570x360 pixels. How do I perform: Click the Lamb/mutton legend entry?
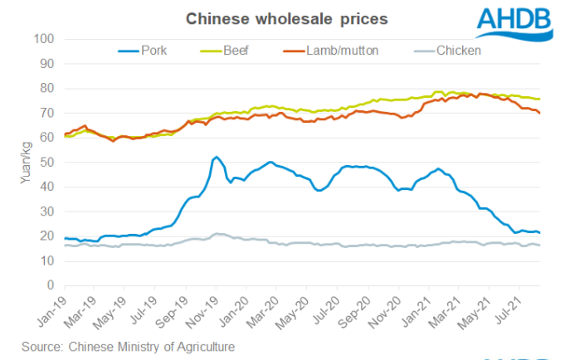(x=337, y=51)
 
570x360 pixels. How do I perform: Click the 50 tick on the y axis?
(x=47, y=163)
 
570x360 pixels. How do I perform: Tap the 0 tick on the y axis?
(x=51, y=285)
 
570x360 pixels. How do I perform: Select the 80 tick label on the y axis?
(x=47, y=89)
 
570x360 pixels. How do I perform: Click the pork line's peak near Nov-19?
(x=217, y=157)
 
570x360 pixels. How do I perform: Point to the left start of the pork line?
(x=66, y=239)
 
